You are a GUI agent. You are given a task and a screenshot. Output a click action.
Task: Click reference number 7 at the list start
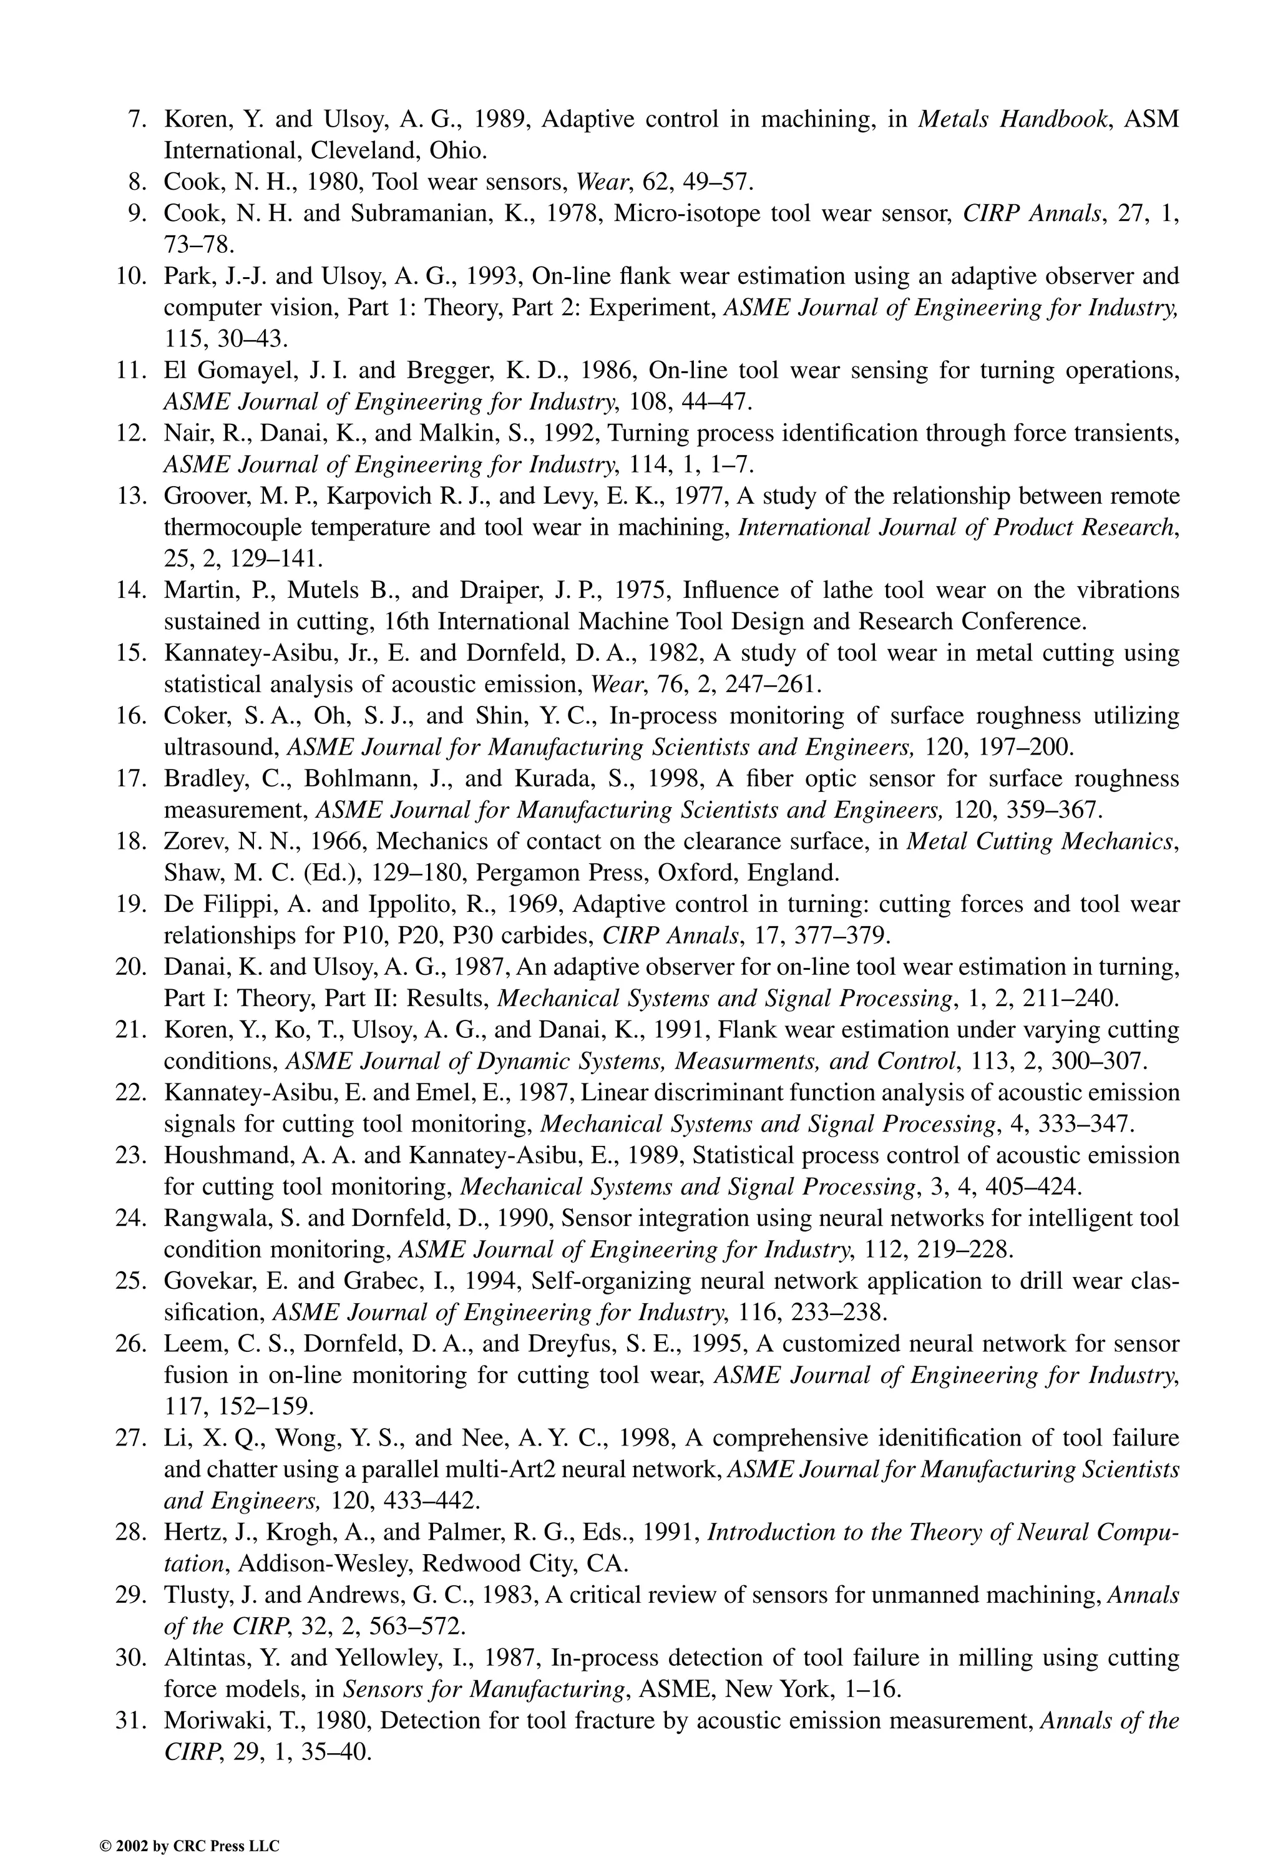(137, 120)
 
